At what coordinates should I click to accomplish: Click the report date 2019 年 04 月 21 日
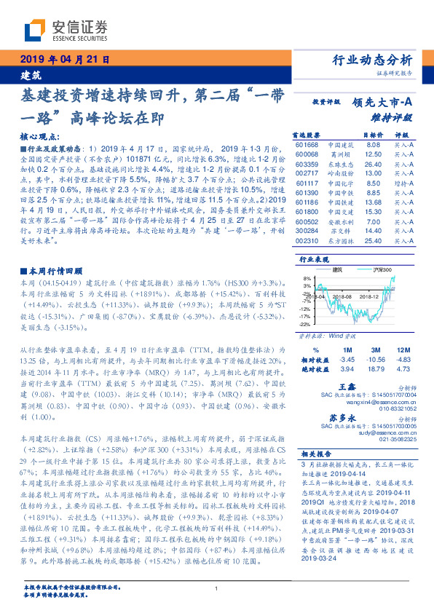point(63,60)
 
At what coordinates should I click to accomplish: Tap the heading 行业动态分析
point(372,60)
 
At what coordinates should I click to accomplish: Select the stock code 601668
point(306,145)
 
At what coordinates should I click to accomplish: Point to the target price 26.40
point(372,165)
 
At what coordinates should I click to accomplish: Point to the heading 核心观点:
point(38,137)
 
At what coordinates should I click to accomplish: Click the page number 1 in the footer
point(217,588)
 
